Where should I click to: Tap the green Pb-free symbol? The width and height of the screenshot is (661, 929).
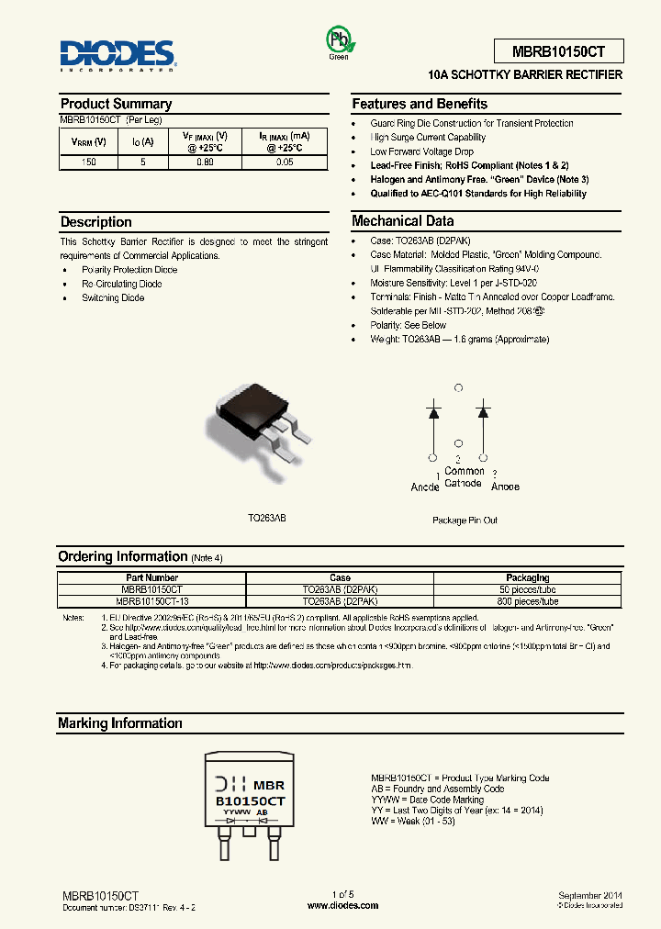pyautogui.click(x=339, y=40)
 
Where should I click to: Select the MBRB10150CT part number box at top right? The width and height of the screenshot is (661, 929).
pyautogui.click(x=556, y=50)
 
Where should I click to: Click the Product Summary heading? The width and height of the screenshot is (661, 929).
pyautogui.click(x=116, y=104)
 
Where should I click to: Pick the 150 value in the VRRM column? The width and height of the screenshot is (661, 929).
pyautogui.click(x=88, y=162)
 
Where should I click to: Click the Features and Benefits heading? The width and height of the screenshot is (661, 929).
pyautogui.click(x=420, y=104)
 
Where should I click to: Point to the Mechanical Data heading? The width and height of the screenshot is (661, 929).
pyautogui.click(x=402, y=220)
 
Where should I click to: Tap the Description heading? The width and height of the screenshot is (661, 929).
pyautogui.click(x=96, y=221)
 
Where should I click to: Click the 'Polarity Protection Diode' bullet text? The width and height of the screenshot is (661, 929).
pyautogui.click(x=129, y=270)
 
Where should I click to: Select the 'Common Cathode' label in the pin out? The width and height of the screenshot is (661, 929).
pyautogui.click(x=464, y=477)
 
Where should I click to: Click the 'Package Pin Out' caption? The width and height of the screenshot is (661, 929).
pyautogui.click(x=465, y=520)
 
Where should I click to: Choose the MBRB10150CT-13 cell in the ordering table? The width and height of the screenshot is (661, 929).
pyautogui.click(x=153, y=601)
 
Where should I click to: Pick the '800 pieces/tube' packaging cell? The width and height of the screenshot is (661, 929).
pyautogui.click(x=528, y=601)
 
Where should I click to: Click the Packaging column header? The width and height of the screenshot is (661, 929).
pyautogui.click(x=528, y=578)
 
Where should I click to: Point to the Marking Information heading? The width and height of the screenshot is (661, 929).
pyautogui.click(x=120, y=723)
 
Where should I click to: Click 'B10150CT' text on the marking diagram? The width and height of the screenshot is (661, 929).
pyautogui.click(x=251, y=801)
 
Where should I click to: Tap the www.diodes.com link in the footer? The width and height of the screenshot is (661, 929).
pyautogui.click(x=342, y=905)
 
